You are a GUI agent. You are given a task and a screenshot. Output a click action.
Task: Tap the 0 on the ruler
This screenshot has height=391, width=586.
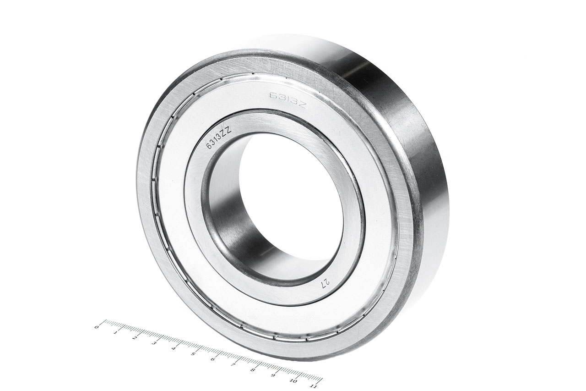pyautogui.click(x=96, y=327)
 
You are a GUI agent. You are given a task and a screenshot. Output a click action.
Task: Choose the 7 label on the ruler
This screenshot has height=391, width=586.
pyautogui.click(x=233, y=364)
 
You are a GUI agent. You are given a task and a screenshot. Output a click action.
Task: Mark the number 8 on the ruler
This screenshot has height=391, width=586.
pyautogui.click(x=253, y=369)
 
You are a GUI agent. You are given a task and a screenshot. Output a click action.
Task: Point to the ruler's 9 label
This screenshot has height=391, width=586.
pyautogui.click(x=273, y=375)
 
